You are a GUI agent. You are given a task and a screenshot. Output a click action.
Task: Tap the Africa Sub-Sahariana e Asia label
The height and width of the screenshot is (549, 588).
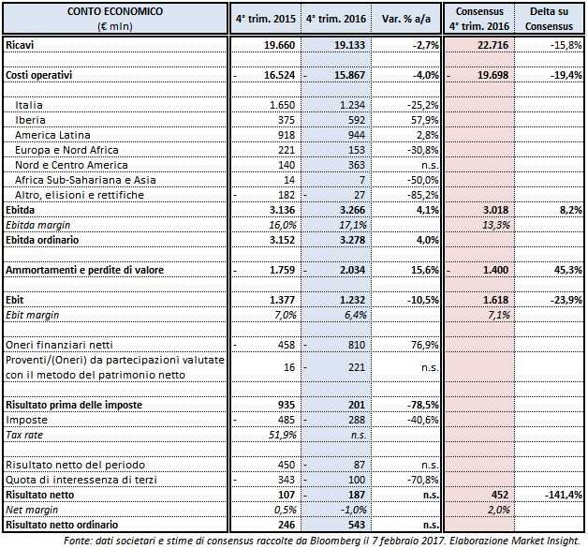click(x=78, y=180)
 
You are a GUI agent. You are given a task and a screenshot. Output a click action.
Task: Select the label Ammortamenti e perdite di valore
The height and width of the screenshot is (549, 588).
click(x=84, y=270)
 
